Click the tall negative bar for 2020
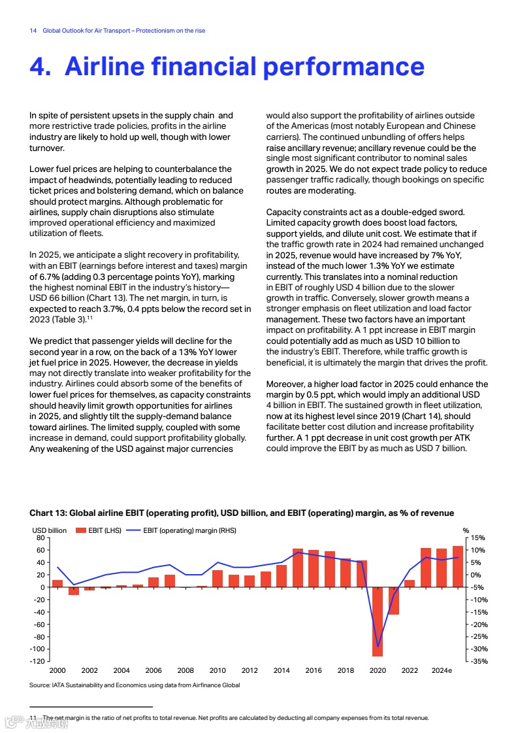pyautogui.click(x=378, y=621)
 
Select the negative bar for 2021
pyautogui.click(x=393, y=601)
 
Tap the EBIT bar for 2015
pyautogui.click(x=298, y=568)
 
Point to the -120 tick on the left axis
pyautogui.click(x=39, y=662)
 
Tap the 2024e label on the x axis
pyautogui.click(x=442, y=671)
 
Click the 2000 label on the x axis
pyautogui.click(x=57, y=671)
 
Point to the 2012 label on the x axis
pyautogui.click(x=250, y=671)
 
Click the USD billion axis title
pyautogui.click(x=49, y=530)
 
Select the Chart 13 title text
pyautogui.click(x=242, y=513)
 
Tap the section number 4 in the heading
pyautogui.click(x=40, y=67)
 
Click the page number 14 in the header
pyautogui.click(x=33, y=31)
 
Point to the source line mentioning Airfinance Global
pyautogui.click(x=135, y=685)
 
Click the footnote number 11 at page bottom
pyautogui.click(x=33, y=718)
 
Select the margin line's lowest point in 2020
pyautogui.click(x=378, y=647)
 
